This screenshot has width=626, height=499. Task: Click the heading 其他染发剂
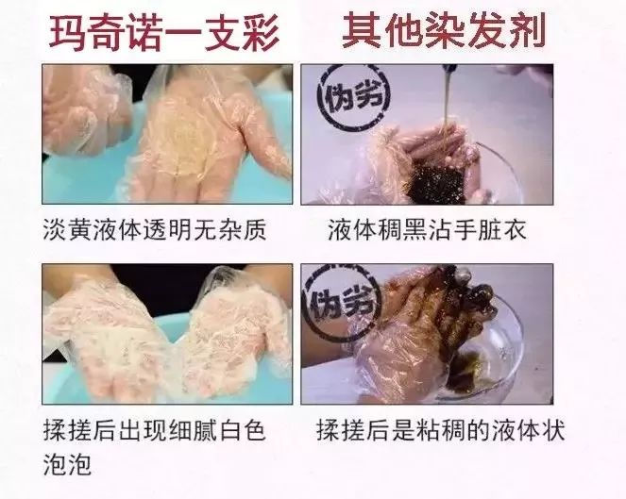[x=444, y=30]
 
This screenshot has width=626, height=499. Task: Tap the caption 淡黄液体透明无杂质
[x=155, y=230]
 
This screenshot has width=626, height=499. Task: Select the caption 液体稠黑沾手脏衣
[x=427, y=230]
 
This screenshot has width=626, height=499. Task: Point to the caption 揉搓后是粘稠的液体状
[x=441, y=430]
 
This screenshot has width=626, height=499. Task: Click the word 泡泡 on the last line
[x=67, y=464]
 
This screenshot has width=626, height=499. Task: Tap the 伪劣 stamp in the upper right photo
[x=353, y=98]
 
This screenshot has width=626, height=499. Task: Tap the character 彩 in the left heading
[x=262, y=32]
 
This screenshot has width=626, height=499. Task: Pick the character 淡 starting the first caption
[x=55, y=230]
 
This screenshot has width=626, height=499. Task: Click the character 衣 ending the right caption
[x=515, y=230]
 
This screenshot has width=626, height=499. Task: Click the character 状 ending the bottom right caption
[x=553, y=431]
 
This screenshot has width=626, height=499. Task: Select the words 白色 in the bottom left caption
[x=242, y=431]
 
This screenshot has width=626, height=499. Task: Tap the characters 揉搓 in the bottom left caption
[x=67, y=431]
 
